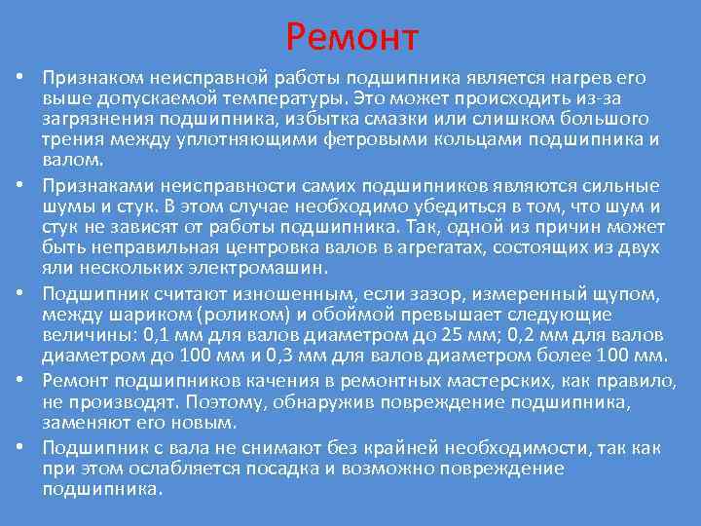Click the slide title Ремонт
(352, 37)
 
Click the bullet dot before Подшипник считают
(19, 295)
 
